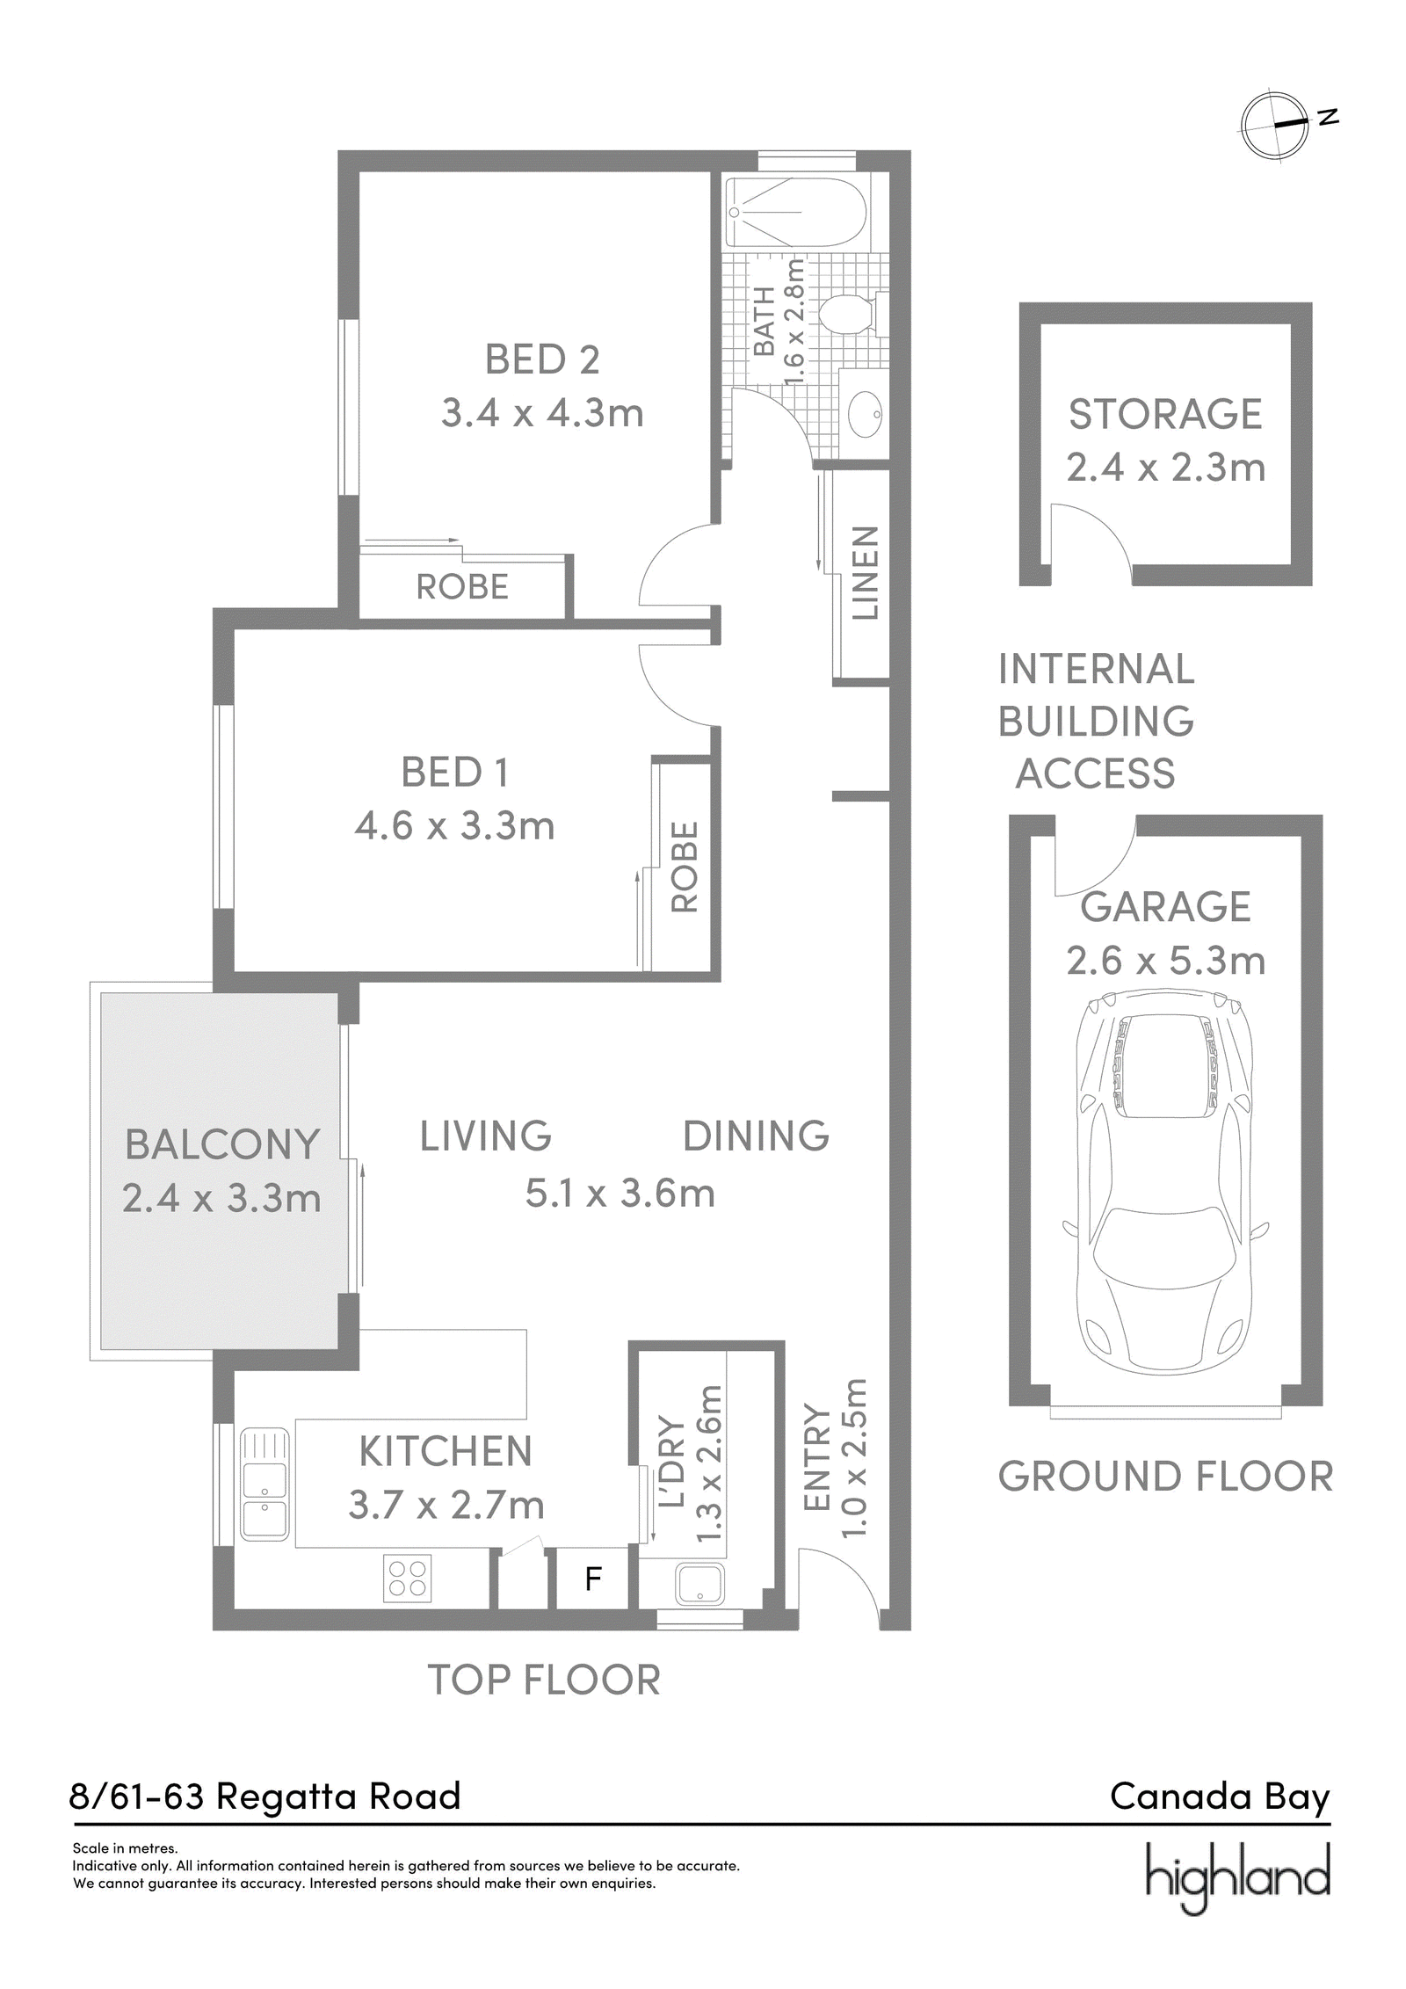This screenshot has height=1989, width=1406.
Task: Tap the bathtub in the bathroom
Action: [796, 213]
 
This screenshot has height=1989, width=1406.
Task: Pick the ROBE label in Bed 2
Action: [462, 586]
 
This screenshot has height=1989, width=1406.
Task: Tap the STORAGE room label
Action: [1165, 414]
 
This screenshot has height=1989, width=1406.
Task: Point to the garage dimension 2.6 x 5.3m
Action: [1166, 960]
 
